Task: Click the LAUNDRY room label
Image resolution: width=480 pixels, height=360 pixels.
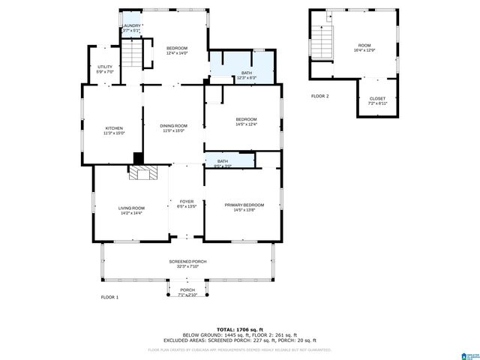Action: pos(132,25)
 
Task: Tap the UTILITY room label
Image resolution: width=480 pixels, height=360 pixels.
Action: pos(105,67)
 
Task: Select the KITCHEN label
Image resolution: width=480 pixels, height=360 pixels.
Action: pos(114,128)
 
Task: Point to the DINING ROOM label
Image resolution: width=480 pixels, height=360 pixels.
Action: pos(174,125)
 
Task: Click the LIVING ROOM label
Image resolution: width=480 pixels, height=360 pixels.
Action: pos(131,208)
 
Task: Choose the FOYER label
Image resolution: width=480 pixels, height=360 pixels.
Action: pos(187,201)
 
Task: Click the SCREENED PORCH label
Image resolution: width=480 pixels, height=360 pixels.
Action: pos(187,261)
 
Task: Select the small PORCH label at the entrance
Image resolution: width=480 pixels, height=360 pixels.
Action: pos(187,290)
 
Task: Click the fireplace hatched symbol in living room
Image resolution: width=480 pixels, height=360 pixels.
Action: pos(145,172)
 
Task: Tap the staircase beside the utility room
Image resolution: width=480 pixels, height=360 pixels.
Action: pos(132,54)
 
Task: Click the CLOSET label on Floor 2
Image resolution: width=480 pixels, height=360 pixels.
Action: pos(377,98)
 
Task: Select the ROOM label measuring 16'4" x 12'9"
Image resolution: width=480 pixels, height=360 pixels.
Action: pos(364,46)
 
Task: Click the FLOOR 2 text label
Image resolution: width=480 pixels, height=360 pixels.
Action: pos(320,96)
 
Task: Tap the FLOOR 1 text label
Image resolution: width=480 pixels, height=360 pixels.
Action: pos(110,298)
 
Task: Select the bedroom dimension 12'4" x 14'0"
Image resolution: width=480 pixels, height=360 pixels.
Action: pos(176,53)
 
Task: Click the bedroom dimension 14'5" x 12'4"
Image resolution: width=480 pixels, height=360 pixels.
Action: pos(246,124)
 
